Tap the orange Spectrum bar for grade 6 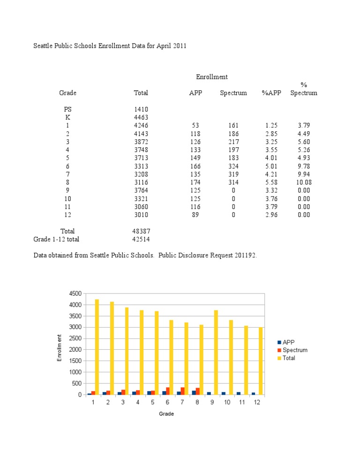[x=168, y=391]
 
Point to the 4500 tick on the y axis [x=75, y=293]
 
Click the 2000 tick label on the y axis [x=75, y=350]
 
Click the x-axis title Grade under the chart [x=166, y=414]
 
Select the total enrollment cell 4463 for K [x=141, y=117]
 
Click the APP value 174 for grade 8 [x=195, y=182]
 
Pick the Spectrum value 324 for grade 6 [x=233, y=166]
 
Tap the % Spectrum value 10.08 [x=303, y=182]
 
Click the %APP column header [x=271, y=93]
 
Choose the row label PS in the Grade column [x=68, y=109]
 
